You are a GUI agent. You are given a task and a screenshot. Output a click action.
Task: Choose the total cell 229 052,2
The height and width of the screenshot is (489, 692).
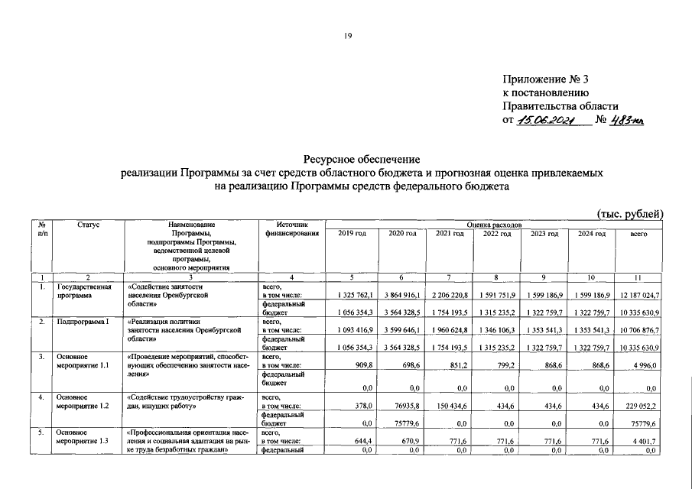pyautogui.click(x=641, y=406)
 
